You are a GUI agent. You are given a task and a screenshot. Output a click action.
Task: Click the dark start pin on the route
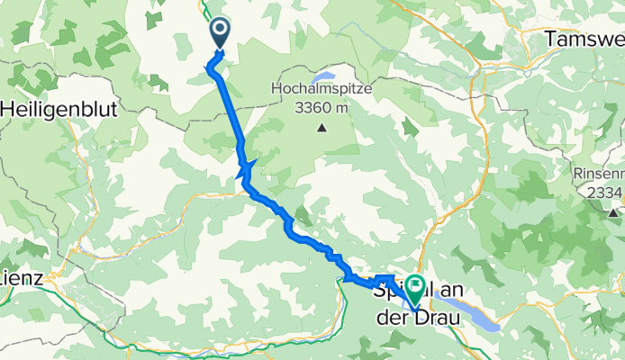click(221, 34)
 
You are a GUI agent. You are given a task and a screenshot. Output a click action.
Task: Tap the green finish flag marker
click(415, 290)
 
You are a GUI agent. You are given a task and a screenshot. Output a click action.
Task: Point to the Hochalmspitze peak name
click(321, 89)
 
